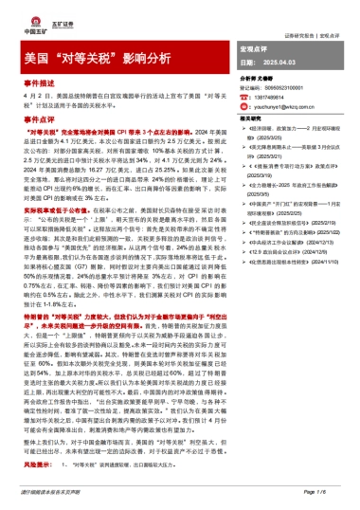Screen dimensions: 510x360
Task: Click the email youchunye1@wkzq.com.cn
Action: [x=302, y=107]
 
